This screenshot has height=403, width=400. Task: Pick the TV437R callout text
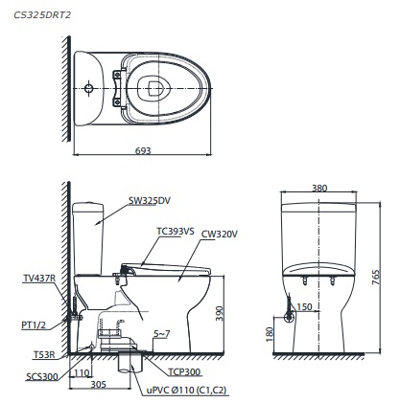[39, 278]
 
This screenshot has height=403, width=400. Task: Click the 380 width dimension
[319, 189]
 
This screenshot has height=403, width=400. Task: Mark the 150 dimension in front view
[305, 307]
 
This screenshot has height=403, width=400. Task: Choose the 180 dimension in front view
[271, 335]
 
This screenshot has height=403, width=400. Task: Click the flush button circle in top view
[89, 89]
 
